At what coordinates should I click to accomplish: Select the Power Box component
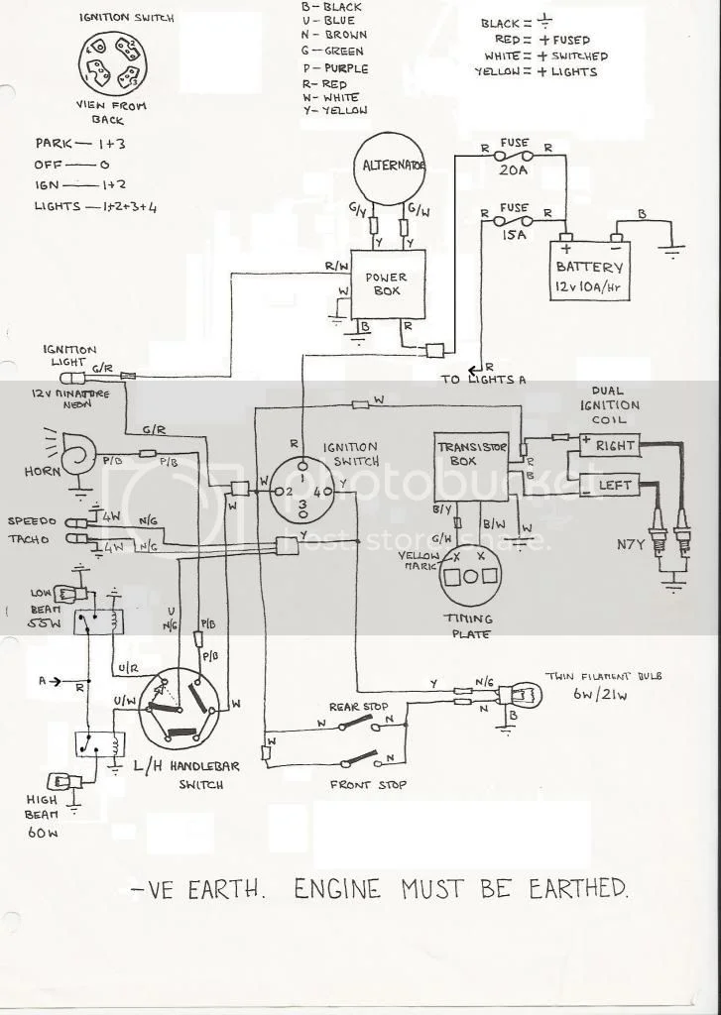tap(388, 284)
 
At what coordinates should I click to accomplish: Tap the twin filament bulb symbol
tap(515, 694)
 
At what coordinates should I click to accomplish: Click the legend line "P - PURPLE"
tap(333, 68)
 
